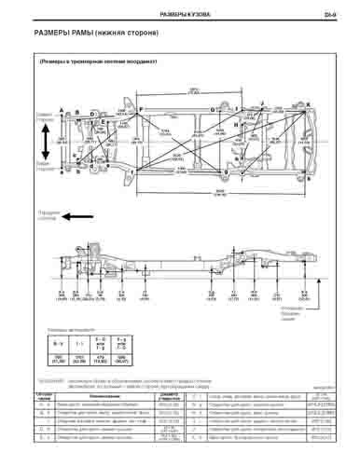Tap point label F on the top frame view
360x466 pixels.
point(142,109)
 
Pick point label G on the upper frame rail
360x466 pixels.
point(214,109)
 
